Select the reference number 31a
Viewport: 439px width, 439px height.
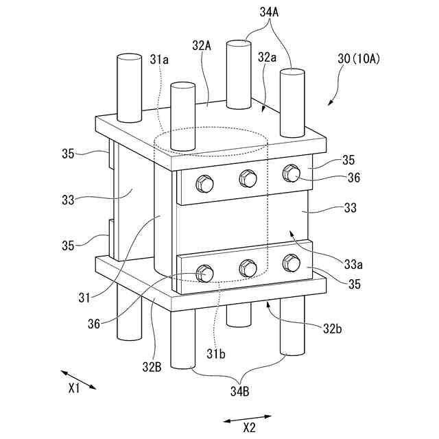point(159,60)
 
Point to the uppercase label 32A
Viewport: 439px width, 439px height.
point(201,45)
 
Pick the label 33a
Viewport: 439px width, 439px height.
point(355,264)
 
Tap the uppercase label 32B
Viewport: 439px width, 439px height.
point(152,365)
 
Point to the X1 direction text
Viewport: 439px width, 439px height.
point(75,388)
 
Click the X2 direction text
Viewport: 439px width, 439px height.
point(249,427)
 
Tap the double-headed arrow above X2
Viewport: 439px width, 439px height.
point(247,418)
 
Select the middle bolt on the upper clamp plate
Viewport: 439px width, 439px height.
point(247,179)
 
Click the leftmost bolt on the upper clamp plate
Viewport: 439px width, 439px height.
point(204,183)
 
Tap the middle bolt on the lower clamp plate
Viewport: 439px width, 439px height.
point(247,267)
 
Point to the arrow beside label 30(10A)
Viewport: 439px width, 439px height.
point(335,97)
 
